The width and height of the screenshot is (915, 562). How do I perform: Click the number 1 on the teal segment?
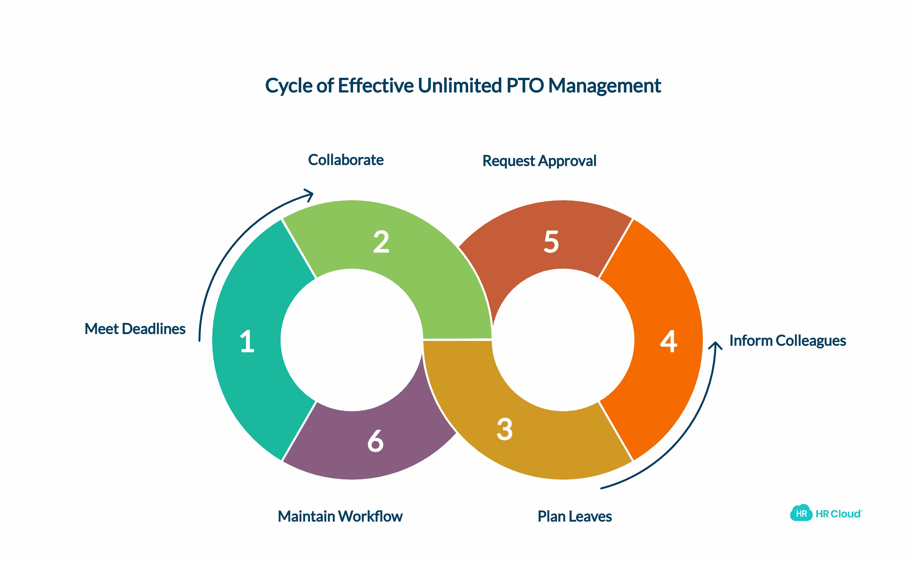tap(247, 341)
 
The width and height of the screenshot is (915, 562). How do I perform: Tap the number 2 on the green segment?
tap(381, 242)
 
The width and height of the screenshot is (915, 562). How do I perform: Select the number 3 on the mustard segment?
tap(505, 429)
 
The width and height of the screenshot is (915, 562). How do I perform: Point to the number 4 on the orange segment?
tap(668, 341)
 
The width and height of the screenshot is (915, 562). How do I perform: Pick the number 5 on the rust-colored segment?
tap(551, 242)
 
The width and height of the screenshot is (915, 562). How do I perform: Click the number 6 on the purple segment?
tap(375, 441)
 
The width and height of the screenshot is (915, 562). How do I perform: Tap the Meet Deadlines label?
tap(135, 329)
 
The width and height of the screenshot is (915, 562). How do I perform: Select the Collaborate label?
tap(345, 160)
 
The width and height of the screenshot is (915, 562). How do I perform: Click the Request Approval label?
tap(539, 161)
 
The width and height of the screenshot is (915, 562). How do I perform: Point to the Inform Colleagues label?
tap(787, 341)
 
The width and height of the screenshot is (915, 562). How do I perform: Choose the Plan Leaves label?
tap(575, 516)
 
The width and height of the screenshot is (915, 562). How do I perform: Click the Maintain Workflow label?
tap(340, 516)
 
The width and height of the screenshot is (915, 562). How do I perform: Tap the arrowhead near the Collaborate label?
tap(310, 195)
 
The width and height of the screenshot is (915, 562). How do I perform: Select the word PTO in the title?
tap(526, 86)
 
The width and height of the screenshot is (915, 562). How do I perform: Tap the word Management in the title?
tap(605, 86)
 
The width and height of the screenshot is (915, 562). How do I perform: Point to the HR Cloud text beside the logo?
tap(838, 514)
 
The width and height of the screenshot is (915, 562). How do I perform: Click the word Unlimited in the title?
tap(460, 86)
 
